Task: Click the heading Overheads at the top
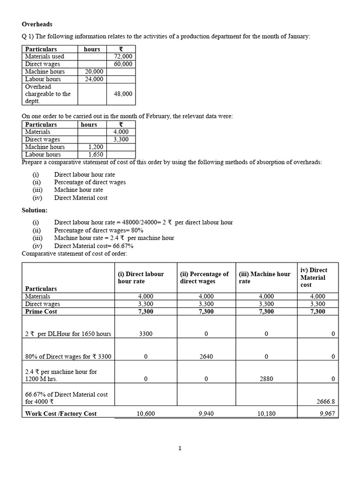tap(37, 24)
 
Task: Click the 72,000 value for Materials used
tap(123, 56)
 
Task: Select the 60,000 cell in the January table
tap(123, 64)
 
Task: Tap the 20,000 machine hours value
tap(94, 71)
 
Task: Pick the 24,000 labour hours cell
tap(94, 79)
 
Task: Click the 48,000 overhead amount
tap(123, 94)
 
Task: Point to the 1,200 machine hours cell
tap(96, 147)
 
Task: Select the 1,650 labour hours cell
tap(96, 154)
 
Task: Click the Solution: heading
tap(35, 210)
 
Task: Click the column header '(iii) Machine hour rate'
tap(264, 277)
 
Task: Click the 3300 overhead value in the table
tap(146, 334)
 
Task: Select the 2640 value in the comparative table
tap(206, 356)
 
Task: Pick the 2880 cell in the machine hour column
tap(266, 379)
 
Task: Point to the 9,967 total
tap(327, 414)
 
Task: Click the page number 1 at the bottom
tap(180, 448)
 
